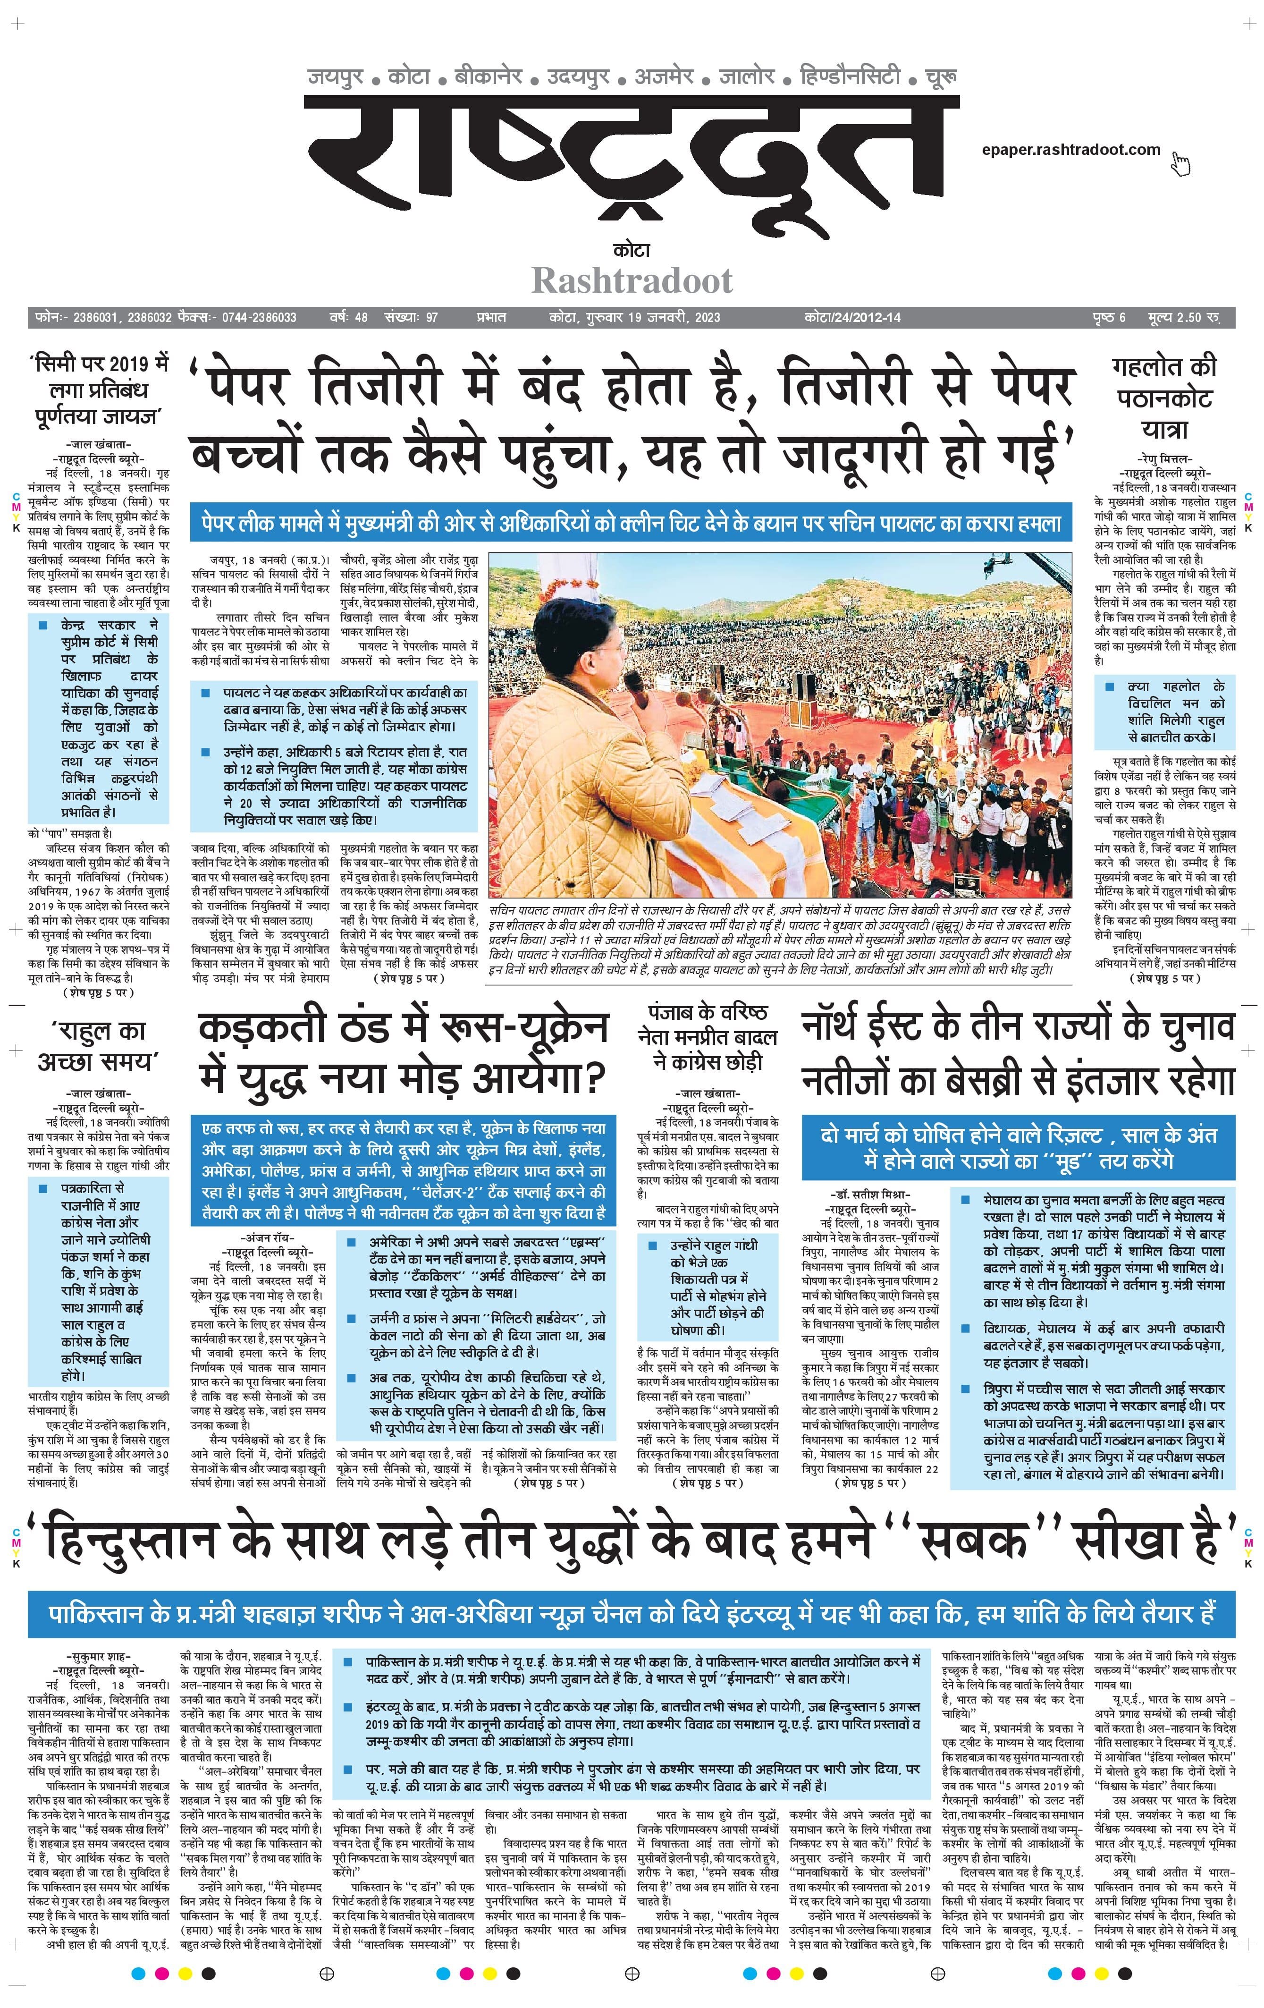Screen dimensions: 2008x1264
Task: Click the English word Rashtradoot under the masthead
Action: (x=632, y=281)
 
